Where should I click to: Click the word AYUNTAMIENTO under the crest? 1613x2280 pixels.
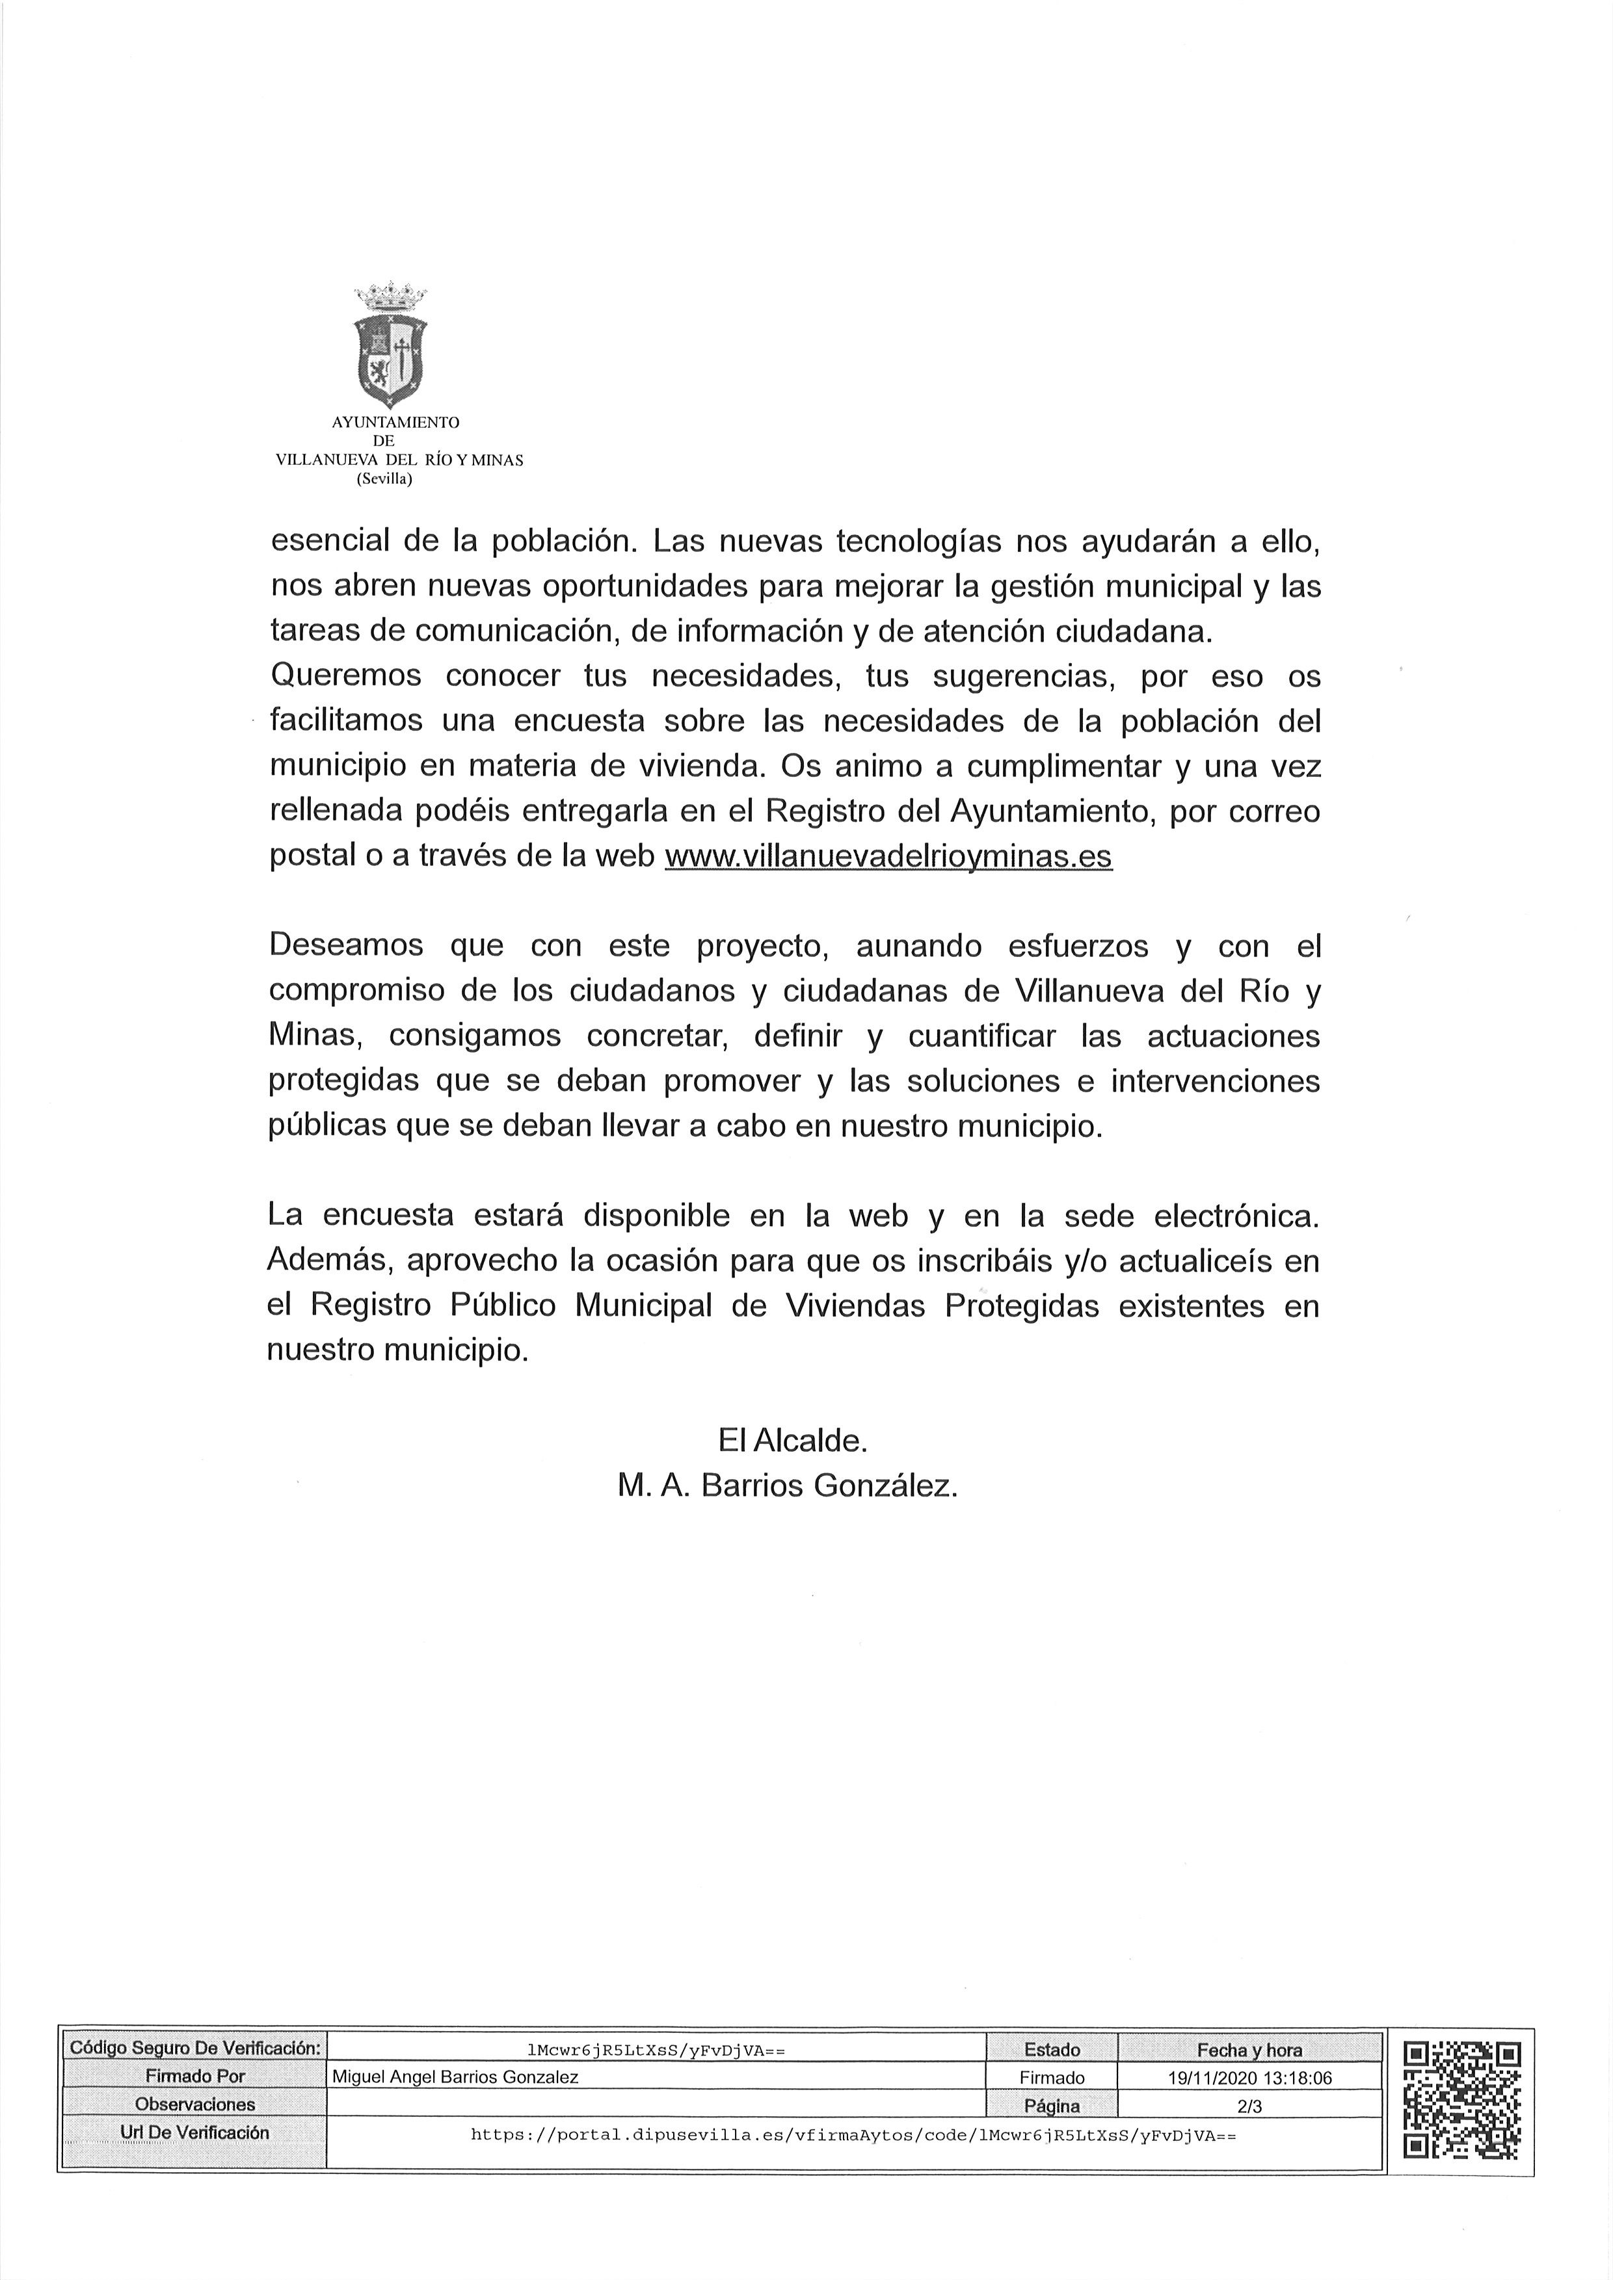pos(395,422)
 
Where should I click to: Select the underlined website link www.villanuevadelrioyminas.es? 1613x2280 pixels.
pos(888,856)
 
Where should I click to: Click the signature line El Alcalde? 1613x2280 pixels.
pos(793,1440)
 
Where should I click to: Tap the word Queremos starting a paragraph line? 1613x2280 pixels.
pos(345,675)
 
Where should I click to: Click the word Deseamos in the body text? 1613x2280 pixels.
pos(345,945)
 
